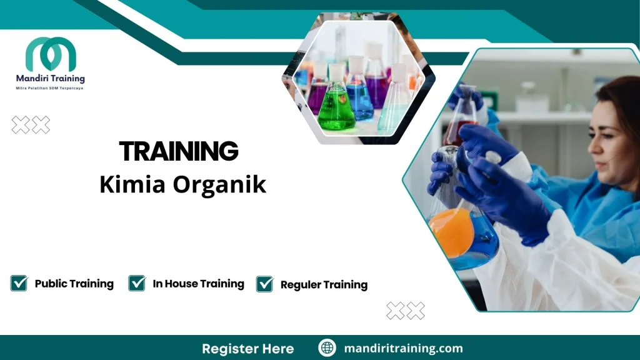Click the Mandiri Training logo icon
coord(51,54)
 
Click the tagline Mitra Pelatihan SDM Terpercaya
coord(50,88)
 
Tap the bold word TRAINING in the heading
coord(179,152)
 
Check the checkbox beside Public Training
coord(19,283)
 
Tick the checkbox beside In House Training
coord(137,283)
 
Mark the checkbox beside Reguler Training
coord(265,284)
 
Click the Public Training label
coord(74,284)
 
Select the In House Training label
coord(198,284)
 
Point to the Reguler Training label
coord(324,285)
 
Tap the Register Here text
coord(247,349)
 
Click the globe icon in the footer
coord(327,348)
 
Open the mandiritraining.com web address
coord(403,349)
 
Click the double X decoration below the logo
coord(31,125)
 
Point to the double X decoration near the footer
coord(406,310)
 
